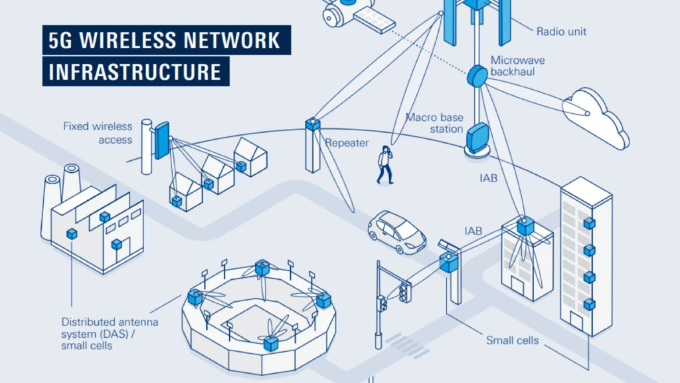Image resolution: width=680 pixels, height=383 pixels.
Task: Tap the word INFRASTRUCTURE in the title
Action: (135, 71)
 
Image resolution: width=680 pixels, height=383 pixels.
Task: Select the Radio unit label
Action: (561, 31)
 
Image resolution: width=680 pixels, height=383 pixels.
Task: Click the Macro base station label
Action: (435, 123)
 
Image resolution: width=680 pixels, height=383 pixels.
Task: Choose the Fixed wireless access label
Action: (98, 133)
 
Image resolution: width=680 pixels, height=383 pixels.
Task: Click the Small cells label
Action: (512, 340)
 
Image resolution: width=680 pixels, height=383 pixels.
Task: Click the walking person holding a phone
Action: (384, 165)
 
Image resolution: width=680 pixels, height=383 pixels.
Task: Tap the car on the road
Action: (396, 231)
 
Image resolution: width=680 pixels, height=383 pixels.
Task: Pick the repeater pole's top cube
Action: (312, 124)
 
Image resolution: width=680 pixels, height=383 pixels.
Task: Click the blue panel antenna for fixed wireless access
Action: (161, 140)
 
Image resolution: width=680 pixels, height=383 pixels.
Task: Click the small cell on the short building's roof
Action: (527, 226)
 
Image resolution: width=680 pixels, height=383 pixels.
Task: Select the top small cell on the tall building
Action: (588, 223)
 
